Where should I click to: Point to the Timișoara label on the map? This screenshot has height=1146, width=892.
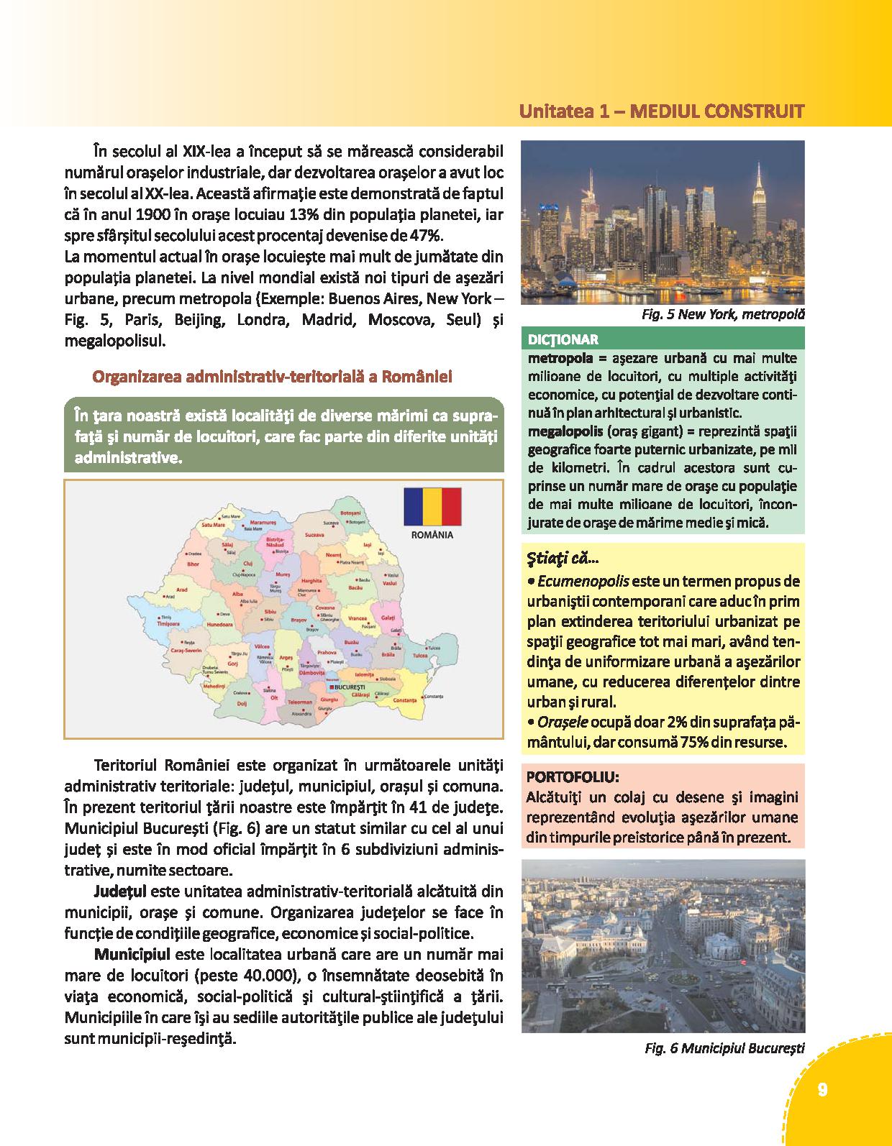[169, 625]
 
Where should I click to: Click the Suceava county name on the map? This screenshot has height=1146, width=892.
[314, 535]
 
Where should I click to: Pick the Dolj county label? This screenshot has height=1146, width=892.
[242, 703]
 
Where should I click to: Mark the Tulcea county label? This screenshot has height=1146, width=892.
[420, 656]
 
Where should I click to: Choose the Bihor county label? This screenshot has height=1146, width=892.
[193, 564]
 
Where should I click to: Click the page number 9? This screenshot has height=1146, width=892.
[822, 1089]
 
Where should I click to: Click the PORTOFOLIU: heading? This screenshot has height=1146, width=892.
[573, 776]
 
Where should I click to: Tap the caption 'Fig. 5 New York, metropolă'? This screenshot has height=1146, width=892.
[722, 314]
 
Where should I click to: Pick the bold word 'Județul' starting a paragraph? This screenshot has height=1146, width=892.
[119, 892]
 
